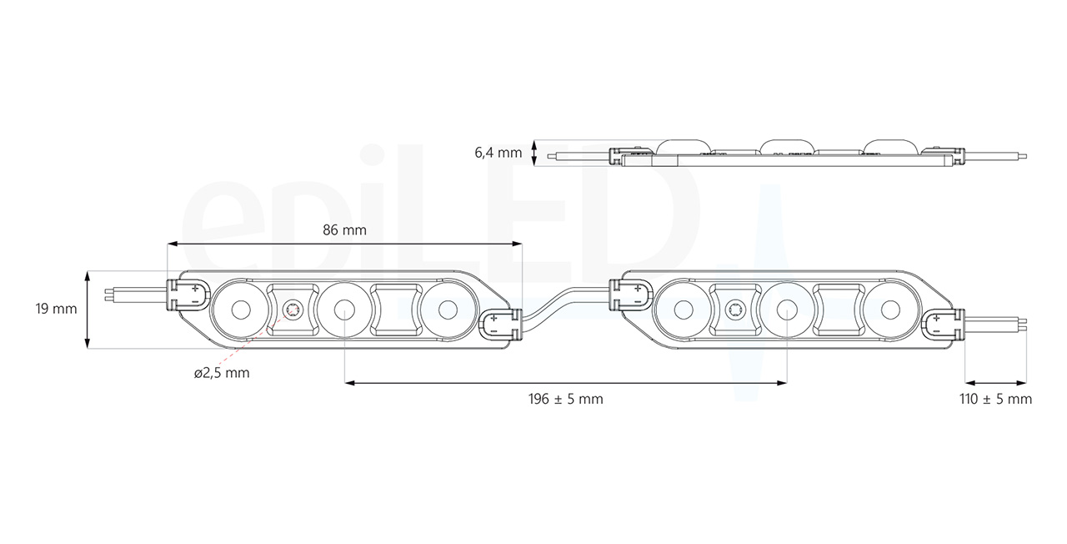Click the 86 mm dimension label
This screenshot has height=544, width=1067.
(x=344, y=230)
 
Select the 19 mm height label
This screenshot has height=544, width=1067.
(x=56, y=309)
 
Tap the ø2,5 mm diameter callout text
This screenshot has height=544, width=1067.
(x=222, y=373)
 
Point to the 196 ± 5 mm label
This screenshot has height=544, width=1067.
(x=565, y=399)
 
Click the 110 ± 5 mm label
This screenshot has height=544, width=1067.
(x=995, y=399)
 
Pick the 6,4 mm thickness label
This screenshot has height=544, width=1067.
(x=498, y=152)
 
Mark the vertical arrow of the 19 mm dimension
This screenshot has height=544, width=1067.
(x=88, y=309)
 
